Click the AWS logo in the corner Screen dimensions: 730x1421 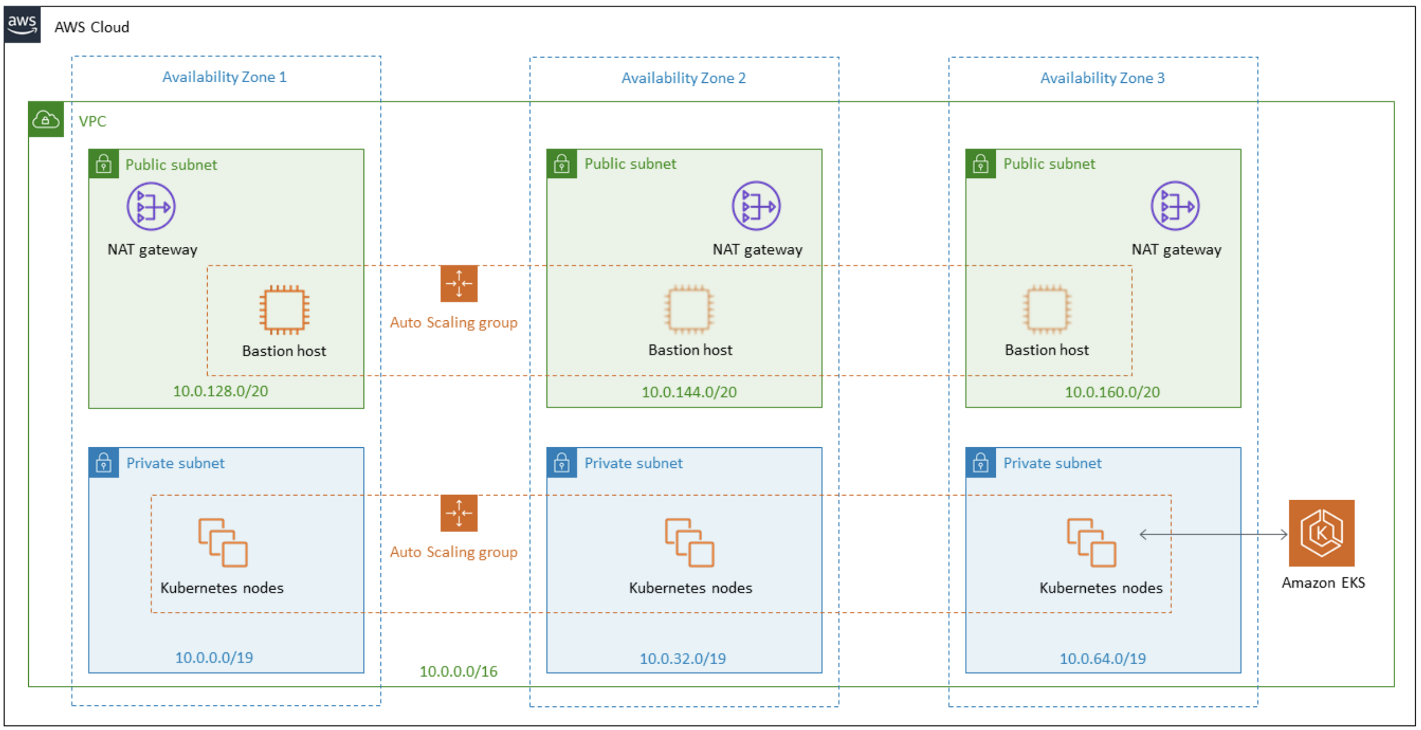[x=22, y=25]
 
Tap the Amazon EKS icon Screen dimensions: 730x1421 [x=1321, y=533]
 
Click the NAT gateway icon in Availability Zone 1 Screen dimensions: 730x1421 [x=151, y=206]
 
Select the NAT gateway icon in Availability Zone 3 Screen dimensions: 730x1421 [x=1175, y=206]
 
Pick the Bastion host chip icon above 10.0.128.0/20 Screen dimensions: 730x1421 [x=284, y=310]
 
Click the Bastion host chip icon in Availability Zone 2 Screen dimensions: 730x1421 [x=689, y=309]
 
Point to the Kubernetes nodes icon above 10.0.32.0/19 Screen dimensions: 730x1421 [x=689, y=542]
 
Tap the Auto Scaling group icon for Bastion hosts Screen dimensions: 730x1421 [x=459, y=284]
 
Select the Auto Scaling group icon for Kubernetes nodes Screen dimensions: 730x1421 [x=459, y=513]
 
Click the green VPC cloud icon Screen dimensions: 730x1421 [x=46, y=120]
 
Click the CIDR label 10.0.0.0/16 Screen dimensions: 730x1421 [x=458, y=671]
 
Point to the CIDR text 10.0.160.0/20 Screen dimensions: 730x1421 [x=1112, y=392]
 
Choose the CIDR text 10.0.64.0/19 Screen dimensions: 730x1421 [x=1102, y=658]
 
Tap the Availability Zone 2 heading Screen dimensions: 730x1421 [x=683, y=78]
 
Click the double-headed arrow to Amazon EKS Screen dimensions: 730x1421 [x=1213, y=534]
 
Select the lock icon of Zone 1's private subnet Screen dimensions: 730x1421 [x=104, y=463]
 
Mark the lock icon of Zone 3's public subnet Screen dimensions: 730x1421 [x=980, y=164]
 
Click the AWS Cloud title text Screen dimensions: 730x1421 [x=92, y=27]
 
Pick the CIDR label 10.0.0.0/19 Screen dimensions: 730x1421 [x=214, y=657]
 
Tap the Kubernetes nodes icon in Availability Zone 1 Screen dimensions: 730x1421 [x=223, y=542]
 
